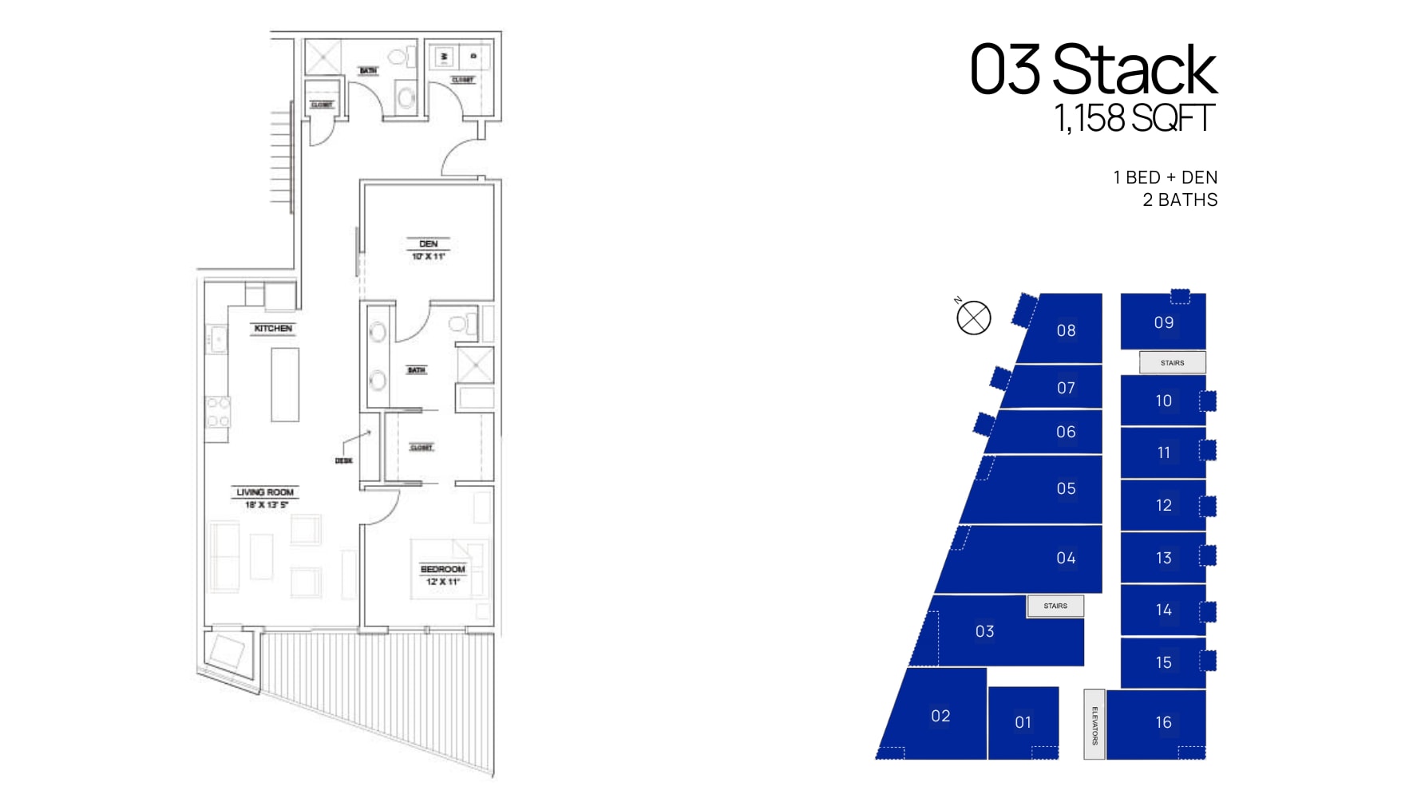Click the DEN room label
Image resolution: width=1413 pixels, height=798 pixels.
429,244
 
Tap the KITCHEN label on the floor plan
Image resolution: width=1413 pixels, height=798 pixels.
273,329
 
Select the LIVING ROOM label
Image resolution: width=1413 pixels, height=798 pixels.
265,492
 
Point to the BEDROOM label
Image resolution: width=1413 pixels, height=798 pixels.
442,570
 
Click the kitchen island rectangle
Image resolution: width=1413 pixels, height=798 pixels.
285,385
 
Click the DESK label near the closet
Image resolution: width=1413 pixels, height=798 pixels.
343,461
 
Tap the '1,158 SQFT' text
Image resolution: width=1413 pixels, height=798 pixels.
1134,119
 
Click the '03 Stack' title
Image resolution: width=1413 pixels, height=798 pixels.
1092,70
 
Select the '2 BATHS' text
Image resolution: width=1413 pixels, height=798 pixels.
1179,200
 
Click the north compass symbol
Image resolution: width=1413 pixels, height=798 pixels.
973,318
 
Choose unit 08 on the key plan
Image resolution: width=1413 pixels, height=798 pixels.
1066,330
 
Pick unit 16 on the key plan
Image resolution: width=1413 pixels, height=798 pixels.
1163,723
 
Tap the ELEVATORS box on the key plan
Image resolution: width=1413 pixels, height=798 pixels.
1094,725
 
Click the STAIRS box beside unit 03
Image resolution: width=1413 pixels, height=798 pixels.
1055,606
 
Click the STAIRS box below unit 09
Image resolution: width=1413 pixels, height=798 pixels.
1172,363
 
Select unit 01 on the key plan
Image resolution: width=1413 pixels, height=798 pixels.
1023,723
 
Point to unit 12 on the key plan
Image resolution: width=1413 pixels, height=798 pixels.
1163,506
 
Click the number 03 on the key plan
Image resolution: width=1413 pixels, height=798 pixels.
984,632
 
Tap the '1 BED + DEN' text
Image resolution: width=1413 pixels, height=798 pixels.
1165,178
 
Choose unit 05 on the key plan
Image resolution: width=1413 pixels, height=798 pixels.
1066,489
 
